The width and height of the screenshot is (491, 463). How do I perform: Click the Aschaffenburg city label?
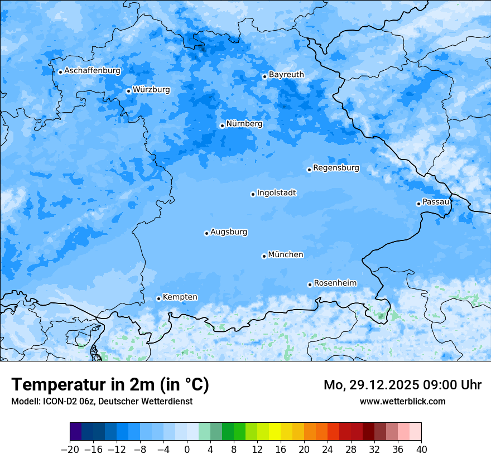point(92,71)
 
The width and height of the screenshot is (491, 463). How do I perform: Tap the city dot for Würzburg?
point(128,91)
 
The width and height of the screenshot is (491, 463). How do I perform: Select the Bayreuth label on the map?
point(286,74)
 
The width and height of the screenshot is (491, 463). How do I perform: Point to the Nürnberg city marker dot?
point(222,126)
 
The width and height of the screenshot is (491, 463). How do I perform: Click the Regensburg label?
point(336,168)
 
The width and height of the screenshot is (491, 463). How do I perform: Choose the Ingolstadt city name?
point(276,193)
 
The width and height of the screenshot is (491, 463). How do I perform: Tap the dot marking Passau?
point(418,204)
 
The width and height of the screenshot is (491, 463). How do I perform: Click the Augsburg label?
point(229,232)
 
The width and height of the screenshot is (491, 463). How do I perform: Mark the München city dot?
point(264,256)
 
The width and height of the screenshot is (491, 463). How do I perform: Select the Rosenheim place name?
point(335,283)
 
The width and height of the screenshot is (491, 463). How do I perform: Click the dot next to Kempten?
point(158,298)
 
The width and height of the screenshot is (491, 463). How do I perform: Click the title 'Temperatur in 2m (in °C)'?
point(110,385)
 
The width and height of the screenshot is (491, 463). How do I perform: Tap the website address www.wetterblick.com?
point(402,401)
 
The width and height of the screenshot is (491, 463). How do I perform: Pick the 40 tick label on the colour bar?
point(421,450)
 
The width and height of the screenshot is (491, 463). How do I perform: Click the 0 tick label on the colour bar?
point(187,450)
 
